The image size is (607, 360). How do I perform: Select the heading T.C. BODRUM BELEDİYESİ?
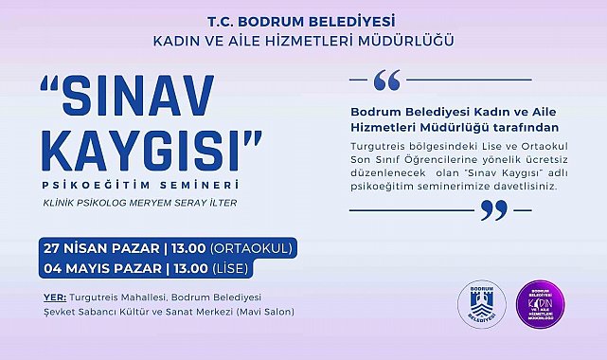pos(303,20)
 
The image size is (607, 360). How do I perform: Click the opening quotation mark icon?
pos(386,81)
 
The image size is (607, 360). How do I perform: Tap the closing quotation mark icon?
pos(494,209)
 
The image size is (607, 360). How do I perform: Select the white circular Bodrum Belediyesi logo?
pos(474,304)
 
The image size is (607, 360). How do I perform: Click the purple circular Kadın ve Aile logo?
pos(542,304)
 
